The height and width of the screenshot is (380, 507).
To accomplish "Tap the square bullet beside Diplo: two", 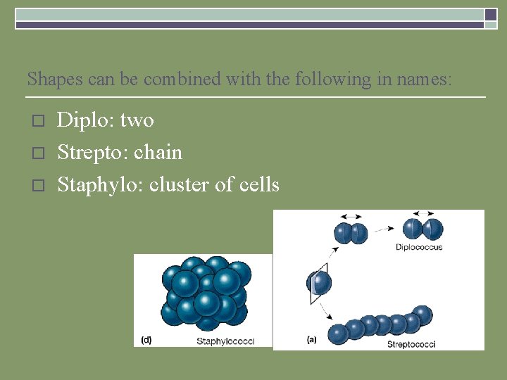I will pos(39,121).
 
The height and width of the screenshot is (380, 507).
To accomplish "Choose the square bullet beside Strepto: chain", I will pos(39,153).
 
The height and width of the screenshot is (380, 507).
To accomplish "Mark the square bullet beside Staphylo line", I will pos(39,185).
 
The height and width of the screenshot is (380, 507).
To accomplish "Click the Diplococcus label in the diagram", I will pos(418,247).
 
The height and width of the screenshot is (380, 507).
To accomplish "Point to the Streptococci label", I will pos(411,344).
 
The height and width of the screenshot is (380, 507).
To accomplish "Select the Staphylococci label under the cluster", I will pos(225,341).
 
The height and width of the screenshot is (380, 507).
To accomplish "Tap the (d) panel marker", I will pos(146,340).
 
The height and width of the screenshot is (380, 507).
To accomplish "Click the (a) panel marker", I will pos(312,340).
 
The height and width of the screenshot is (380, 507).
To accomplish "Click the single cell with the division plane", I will pos(320,283).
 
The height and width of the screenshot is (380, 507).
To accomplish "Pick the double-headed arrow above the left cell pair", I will pos(350,217).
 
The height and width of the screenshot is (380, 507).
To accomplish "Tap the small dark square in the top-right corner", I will pos(491,14).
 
